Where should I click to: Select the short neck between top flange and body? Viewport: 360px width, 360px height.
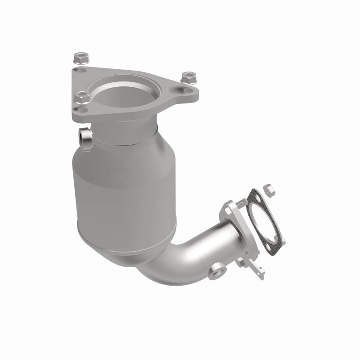(130, 130)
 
